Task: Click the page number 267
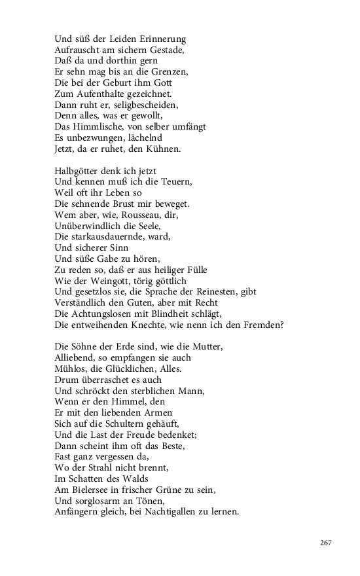click(327, 543)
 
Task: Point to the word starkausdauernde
click(113, 236)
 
